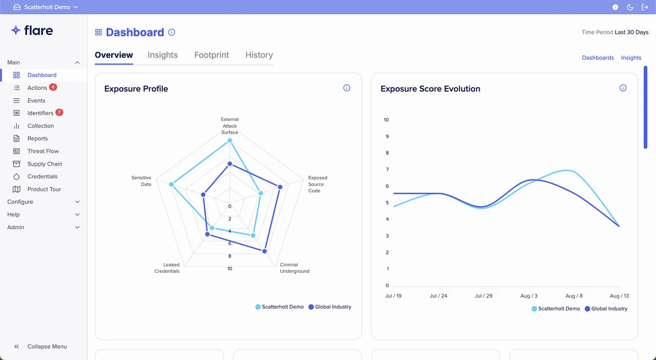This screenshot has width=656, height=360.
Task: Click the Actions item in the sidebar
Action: [37, 88]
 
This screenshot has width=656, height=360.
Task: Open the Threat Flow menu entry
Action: [43, 151]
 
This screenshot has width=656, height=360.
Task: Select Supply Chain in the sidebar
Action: [45, 164]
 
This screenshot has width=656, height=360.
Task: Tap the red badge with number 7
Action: [59, 112]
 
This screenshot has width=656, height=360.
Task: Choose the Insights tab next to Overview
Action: [162, 55]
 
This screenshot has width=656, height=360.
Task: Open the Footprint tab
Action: [211, 55]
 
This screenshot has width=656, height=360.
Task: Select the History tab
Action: [259, 55]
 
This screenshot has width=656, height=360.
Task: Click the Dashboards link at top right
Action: [598, 58]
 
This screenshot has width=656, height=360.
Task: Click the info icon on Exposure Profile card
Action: [346, 88]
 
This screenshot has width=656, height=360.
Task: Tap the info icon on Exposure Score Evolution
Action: [623, 88]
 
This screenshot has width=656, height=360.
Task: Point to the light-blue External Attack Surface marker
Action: [230, 140]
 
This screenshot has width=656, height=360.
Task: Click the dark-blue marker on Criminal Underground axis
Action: [264, 251]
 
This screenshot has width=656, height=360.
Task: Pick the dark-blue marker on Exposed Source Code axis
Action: [280, 187]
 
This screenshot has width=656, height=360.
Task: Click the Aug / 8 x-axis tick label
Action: [573, 296]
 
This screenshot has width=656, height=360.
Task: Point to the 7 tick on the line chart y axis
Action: [387, 170]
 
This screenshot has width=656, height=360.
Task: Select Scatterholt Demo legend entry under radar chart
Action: [279, 307]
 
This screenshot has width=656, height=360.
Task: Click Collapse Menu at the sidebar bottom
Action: [47, 347]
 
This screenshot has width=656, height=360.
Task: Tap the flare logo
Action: [32, 31]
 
